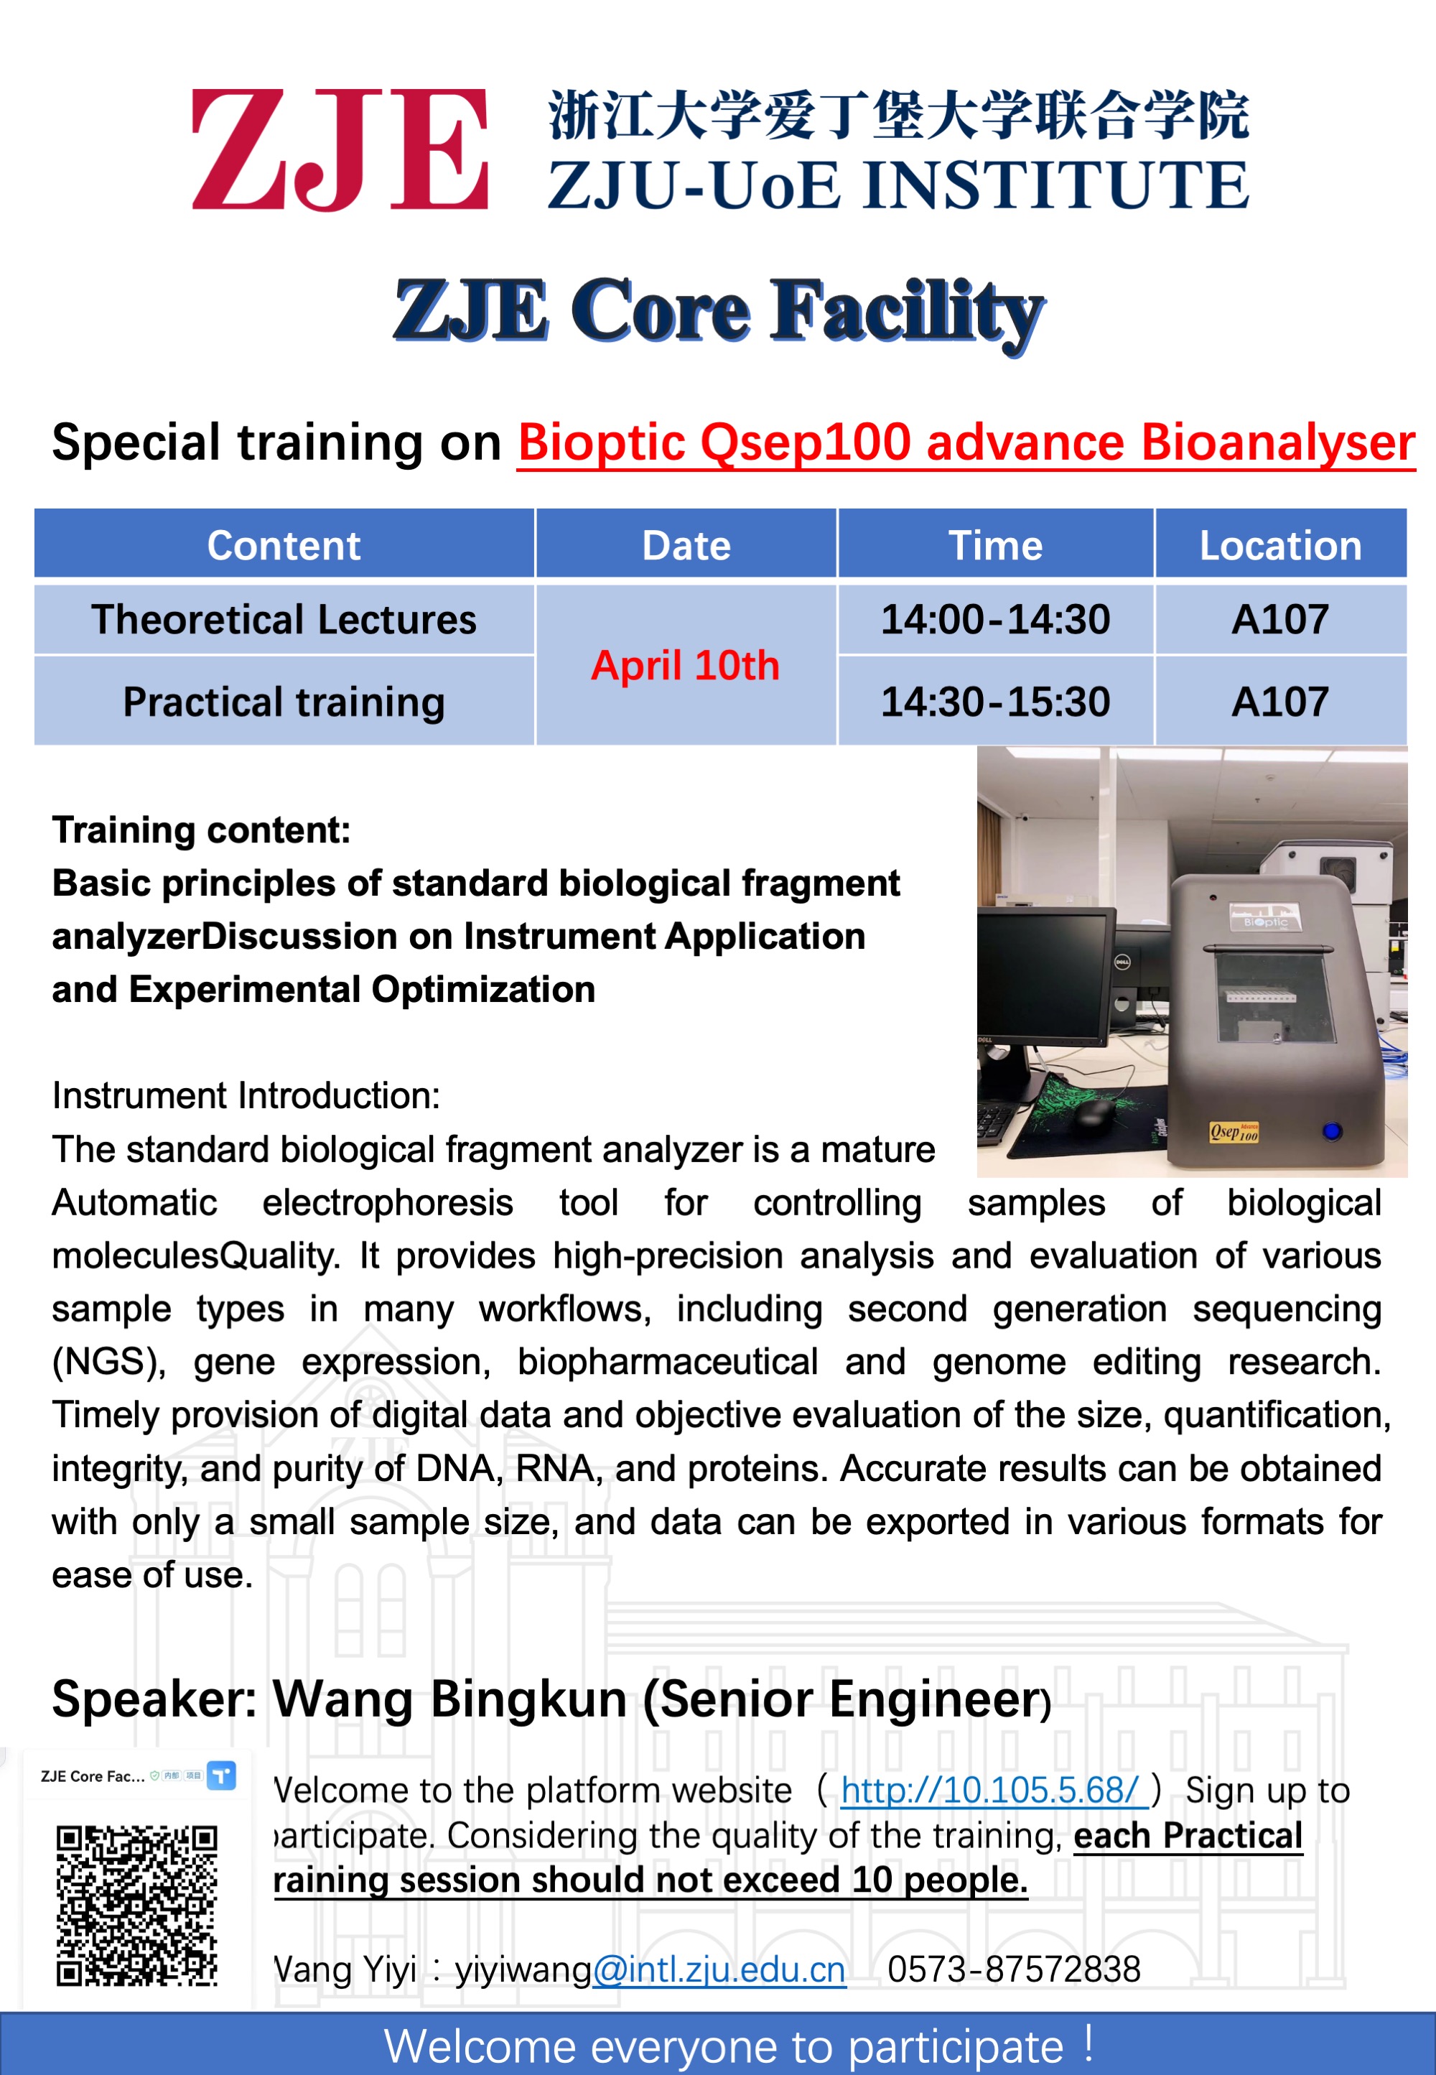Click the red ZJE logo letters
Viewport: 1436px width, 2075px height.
pyautogui.click(x=339, y=149)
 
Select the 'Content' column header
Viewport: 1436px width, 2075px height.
pyautogui.click(x=284, y=545)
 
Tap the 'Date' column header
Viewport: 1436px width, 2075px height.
pyautogui.click(x=686, y=545)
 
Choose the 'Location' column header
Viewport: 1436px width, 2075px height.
pyautogui.click(x=1280, y=545)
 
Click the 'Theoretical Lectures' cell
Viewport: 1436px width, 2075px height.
pyautogui.click(x=284, y=619)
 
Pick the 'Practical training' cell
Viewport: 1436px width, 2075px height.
pyautogui.click(x=284, y=702)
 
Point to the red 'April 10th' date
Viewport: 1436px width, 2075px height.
pyautogui.click(x=685, y=666)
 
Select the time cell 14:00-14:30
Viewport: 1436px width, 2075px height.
pyautogui.click(x=995, y=619)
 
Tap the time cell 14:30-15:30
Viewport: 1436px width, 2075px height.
pyautogui.click(x=995, y=702)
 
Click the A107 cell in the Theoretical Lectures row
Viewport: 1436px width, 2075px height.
pyautogui.click(x=1279, y=619)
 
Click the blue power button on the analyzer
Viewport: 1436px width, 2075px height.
pyautogui.click(x=1332, y=1131)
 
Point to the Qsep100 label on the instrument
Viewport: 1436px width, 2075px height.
pyautogui.click(x=1234, y=1132)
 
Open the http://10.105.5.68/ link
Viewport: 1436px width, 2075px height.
pyautogui.click(x=992, y=1791)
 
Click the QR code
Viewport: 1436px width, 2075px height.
pyautogui.click(x=136, y=1905)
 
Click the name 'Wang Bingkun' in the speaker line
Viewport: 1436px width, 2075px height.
pyautogui.click(x=450, y=1699)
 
